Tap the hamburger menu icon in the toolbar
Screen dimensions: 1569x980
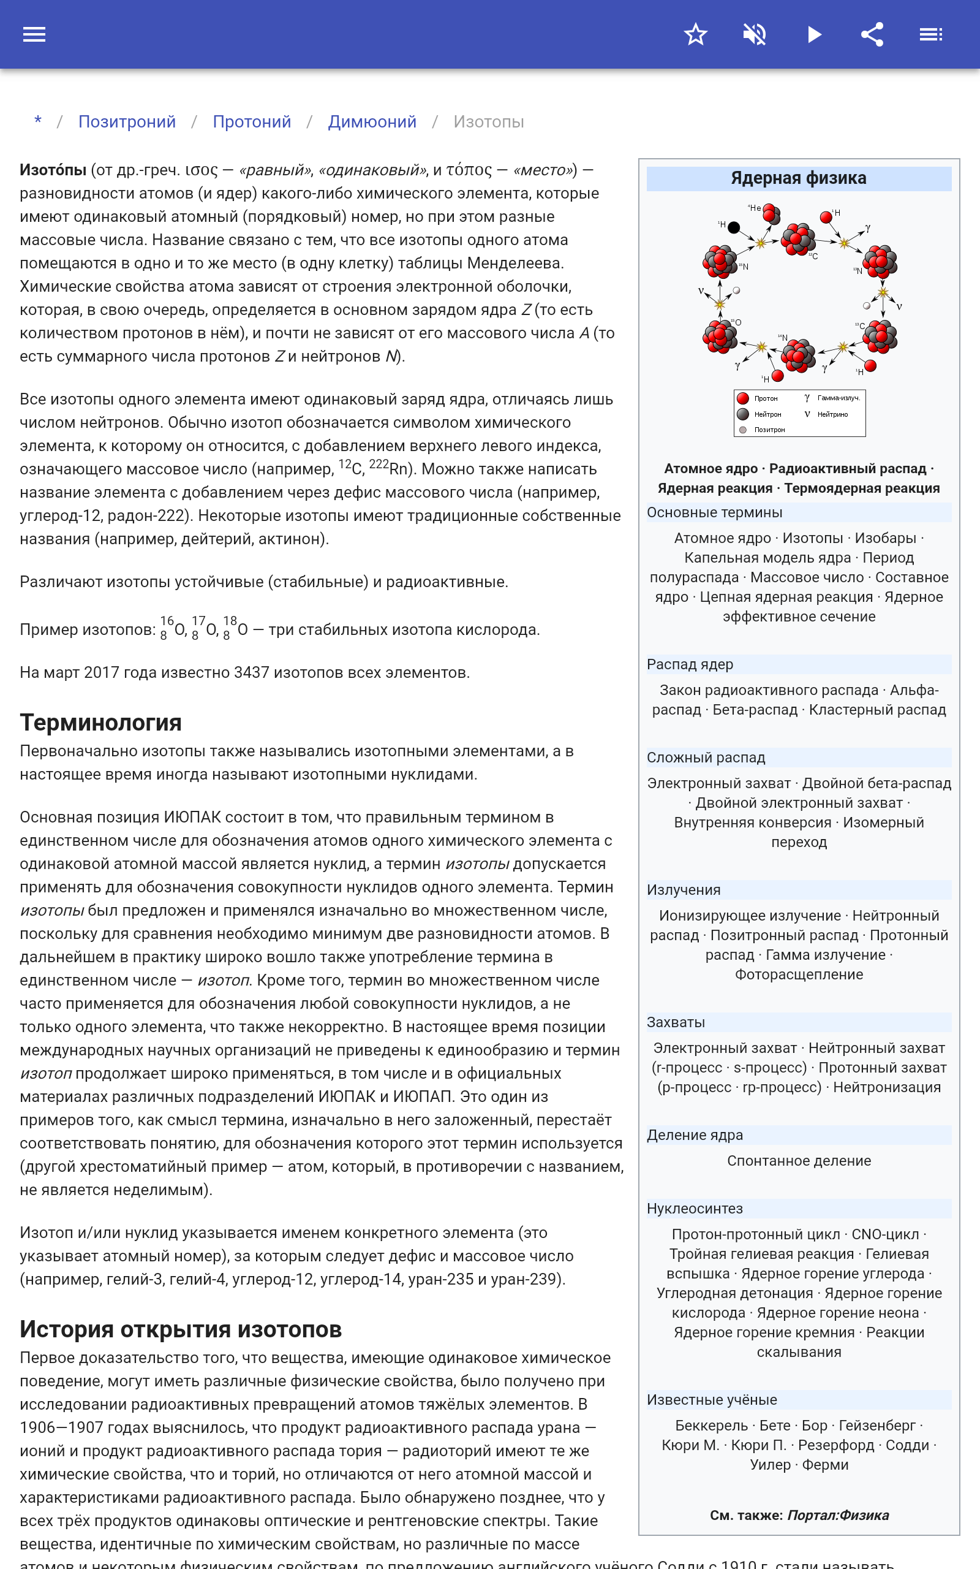pos(34,34)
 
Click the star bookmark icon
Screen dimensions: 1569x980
pos(695,34)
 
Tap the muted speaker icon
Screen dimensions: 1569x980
pos(755,34)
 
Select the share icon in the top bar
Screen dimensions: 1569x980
pos(872,34)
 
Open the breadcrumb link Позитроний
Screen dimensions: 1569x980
pos(127,122)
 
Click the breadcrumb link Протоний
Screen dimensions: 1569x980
pos(252,122)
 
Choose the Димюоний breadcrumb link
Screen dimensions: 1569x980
pos(372,122)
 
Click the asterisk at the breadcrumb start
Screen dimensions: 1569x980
pos(38,121)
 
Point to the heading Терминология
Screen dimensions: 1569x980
pos(100,722)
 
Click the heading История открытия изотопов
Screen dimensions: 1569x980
pos(181,1329)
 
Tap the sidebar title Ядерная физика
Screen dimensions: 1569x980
pos(799,178)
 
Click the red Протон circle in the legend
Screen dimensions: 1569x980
pos(743,399)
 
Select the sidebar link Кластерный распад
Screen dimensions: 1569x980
pos(878,710)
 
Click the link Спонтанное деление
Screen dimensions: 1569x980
pos(799,1161)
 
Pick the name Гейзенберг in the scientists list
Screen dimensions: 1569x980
pos(877,1425)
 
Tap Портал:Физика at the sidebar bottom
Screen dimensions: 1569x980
pos(838,1515)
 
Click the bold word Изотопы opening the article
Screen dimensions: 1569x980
pos(53,170)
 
